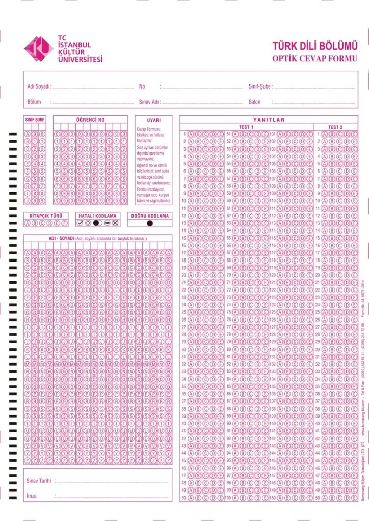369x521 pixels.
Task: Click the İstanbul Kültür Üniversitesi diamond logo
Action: pyautogui.click(x=39, y=49)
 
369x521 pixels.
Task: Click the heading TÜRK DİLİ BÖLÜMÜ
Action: pyautogui.click(x=314, y=46)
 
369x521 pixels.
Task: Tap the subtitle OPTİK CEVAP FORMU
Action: pyautogui.click(x=314, y=59)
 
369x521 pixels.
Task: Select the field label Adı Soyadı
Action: pyautogui.click(x=39, y=86)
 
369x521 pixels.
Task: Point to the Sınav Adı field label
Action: pyautogui.click(x=149, y=102)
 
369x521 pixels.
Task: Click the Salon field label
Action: pyautogui.click(x=254, y=102)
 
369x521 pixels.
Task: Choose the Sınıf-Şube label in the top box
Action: pyautogui.click(x=260, y=86)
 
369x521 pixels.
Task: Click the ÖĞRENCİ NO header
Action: pyautogui.click(x=90, y=120)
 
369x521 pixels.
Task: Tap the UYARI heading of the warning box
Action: pyautogui.click(x=153, y=120)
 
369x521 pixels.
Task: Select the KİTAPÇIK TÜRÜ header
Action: pyautogui.click(x=46, y=216)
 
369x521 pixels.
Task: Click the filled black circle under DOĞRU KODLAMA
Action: pyautogui.click(x=150, y=223)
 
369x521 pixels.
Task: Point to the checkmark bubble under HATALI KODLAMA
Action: pyautogui.click(x=80, y=223)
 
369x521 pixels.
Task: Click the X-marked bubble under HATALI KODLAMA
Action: pyautogui.click(x=115, y=223)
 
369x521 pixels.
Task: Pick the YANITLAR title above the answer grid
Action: pyautogui.click(x=269, y=120)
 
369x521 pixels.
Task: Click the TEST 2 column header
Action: pyautogui.click(x=335, y=127)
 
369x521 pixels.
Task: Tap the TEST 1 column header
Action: pyautogui.click(x=246, y=127)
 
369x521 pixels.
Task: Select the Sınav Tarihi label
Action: pyautogui.click(x=39, y=481)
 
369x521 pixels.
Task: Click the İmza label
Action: pyautogui.click(x=32, y=495)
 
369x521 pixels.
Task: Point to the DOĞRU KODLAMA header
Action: pyautogui.click(x=149, y=216)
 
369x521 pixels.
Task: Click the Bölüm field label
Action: pyautogui.click(x=34, y=102)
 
